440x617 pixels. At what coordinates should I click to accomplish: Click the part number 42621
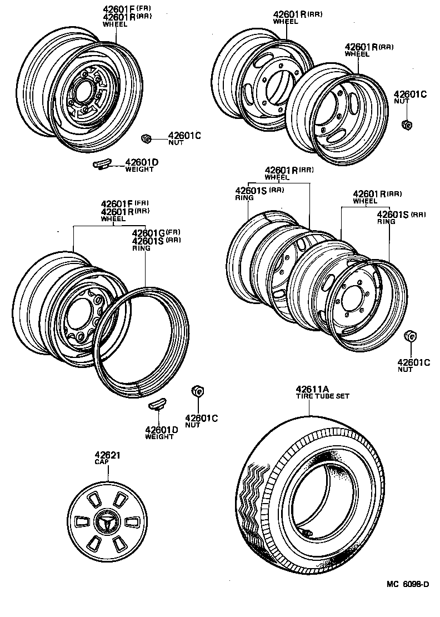(108, 455)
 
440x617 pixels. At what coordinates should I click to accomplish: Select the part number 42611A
(313, 389)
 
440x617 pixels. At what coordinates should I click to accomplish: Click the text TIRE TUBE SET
(322, 396)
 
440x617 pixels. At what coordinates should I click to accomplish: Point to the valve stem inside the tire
(307, 533)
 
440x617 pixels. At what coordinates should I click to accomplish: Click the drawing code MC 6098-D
(408, 584)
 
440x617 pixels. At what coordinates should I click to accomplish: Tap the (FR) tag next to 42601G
(173, 231)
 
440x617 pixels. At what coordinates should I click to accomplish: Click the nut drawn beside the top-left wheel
(146, 138)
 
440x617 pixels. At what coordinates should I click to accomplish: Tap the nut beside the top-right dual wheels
(406, 124)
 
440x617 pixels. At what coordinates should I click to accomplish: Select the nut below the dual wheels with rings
(411, 337)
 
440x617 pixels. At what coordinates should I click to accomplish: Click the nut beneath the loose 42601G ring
(196, 391)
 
